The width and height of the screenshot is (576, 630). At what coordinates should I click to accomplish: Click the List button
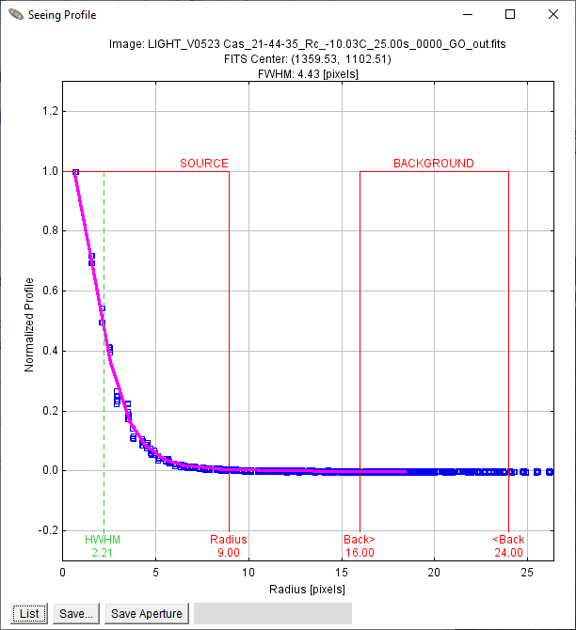29,613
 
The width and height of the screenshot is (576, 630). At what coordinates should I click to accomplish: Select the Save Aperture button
147,613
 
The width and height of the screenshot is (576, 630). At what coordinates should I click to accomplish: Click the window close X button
553,14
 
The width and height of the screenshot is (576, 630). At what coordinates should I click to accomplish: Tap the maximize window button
510,14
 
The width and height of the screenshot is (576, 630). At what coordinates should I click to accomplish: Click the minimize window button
468,14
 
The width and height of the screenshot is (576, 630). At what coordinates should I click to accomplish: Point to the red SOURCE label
204,163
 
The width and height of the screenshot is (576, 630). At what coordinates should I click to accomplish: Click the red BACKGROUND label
434,163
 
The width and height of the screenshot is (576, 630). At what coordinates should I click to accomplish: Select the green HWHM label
103,539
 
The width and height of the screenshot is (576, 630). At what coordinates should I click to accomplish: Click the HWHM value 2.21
103,553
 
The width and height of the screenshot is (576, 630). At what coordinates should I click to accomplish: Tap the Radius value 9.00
229,553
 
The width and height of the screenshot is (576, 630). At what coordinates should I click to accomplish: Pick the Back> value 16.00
360,553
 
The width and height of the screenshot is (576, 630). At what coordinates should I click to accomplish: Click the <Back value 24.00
508,553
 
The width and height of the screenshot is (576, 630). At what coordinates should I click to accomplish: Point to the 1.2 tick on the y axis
50,111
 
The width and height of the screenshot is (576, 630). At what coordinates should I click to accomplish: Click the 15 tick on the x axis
342,572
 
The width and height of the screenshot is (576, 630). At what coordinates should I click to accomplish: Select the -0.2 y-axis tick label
48,530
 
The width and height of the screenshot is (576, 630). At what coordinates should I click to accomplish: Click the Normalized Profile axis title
29,324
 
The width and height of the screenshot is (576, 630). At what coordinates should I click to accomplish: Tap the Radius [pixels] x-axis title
308,589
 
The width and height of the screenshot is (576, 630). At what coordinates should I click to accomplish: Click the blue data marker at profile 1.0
75,172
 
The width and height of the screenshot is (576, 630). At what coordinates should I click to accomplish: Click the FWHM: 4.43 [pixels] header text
308,74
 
